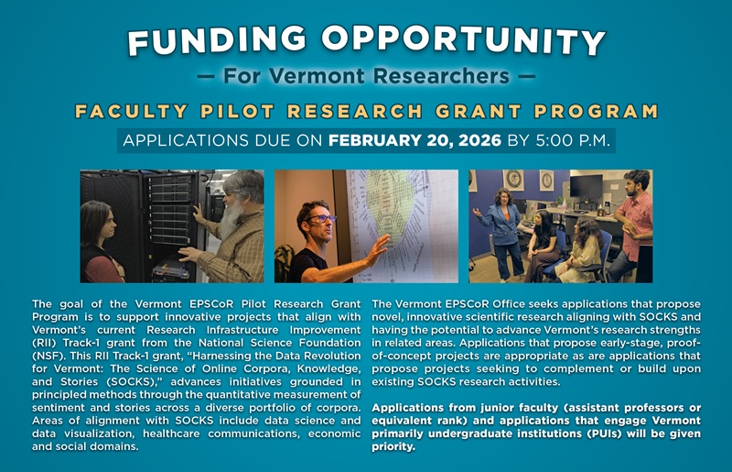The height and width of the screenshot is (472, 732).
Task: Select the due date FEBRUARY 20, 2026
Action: tap(414, 141)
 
